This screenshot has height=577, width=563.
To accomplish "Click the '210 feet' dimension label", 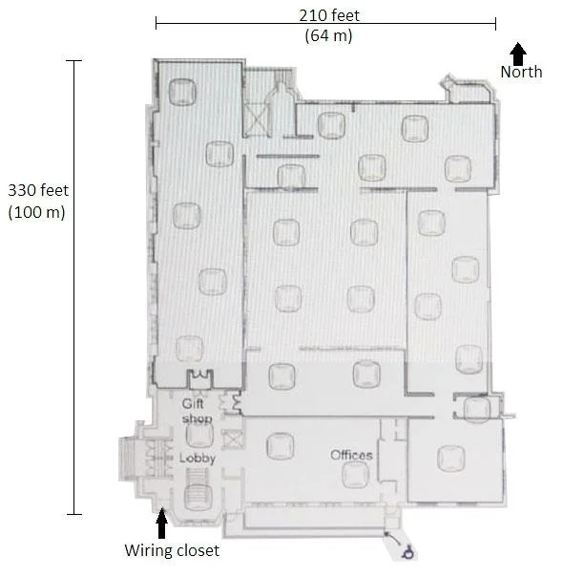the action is point(329,15).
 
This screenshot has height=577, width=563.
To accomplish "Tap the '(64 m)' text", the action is point(328,35).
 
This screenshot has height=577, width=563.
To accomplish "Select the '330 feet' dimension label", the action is point(38,190).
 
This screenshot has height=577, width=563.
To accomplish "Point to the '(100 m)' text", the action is point(37,212).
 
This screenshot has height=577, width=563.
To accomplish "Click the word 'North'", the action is point(521,72).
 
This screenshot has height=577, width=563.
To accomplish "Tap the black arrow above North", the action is point(518,53).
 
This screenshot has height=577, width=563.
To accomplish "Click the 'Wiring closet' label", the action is point(172,550).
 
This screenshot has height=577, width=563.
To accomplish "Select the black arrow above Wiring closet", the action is point(161,523).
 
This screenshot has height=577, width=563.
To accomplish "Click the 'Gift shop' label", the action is point(197,411).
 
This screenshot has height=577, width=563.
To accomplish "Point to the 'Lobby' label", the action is point(197,459).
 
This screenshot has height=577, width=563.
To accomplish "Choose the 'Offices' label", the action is point(351,455).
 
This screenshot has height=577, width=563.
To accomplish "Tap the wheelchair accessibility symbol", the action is point(408,553).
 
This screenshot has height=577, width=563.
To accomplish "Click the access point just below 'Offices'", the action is point(355,475).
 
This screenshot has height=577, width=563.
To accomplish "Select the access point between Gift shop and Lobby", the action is point(199,435).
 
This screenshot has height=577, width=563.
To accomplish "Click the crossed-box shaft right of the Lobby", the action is point(232,439).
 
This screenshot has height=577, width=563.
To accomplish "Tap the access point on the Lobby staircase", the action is point(198,497).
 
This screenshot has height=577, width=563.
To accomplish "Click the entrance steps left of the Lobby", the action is point(127,459).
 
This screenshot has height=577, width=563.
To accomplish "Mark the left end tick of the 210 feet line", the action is point(156,23).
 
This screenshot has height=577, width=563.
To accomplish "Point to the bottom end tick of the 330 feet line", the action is point(74,514).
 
